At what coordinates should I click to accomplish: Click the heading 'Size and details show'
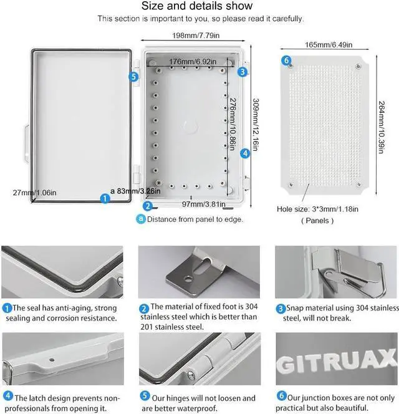197,6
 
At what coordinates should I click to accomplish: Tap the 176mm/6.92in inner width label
190,61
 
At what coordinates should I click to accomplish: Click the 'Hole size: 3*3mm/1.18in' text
317,209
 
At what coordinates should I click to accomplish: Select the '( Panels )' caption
317,220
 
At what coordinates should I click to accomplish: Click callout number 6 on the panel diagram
286,60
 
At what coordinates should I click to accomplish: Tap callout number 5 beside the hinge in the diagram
133,76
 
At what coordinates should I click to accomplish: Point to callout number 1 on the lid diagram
105,198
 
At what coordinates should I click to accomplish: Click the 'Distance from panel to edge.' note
190,219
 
